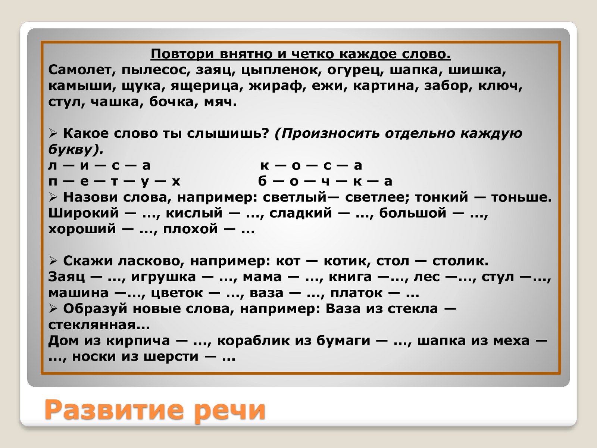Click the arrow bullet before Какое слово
53,133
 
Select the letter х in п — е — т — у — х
176,181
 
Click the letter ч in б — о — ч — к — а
325,181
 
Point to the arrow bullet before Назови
53,197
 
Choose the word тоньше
521,197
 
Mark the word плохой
190,229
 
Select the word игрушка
163,277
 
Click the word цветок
177,293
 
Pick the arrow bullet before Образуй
53,309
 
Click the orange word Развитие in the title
113,410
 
